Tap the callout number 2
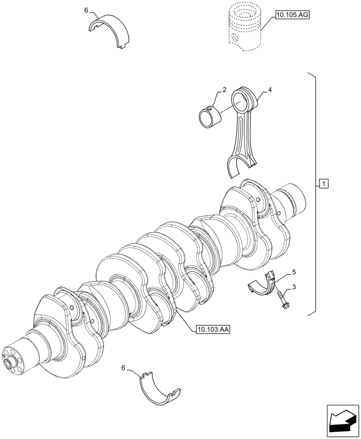coord(224,90)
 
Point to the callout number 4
coord(270,90)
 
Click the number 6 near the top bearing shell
coord(87,10)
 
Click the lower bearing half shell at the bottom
coord(159,389)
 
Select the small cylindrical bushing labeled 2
coord(209,115)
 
